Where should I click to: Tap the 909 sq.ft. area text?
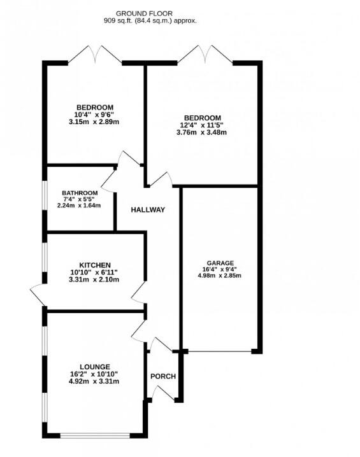tap(150, 20)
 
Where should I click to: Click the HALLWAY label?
tap(148, 210)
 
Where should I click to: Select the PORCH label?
tap(162, 376)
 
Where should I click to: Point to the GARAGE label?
tap(220, 263)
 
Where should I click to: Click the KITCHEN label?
tap(95, 265)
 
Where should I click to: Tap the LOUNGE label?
tap(95, 367)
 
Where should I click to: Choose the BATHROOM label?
tap(80, 193)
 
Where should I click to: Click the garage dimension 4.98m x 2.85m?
tap(220, 276)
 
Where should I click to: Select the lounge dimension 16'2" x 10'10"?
tap(95, 374)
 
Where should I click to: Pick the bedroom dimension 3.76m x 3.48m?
tap(203, 132)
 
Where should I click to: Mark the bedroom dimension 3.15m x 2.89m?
tap(95, 121)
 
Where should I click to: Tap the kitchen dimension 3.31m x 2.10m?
tap(95, 279)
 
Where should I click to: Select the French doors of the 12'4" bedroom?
tap(205, 55)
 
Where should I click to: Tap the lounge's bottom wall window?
tap(95, 435)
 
